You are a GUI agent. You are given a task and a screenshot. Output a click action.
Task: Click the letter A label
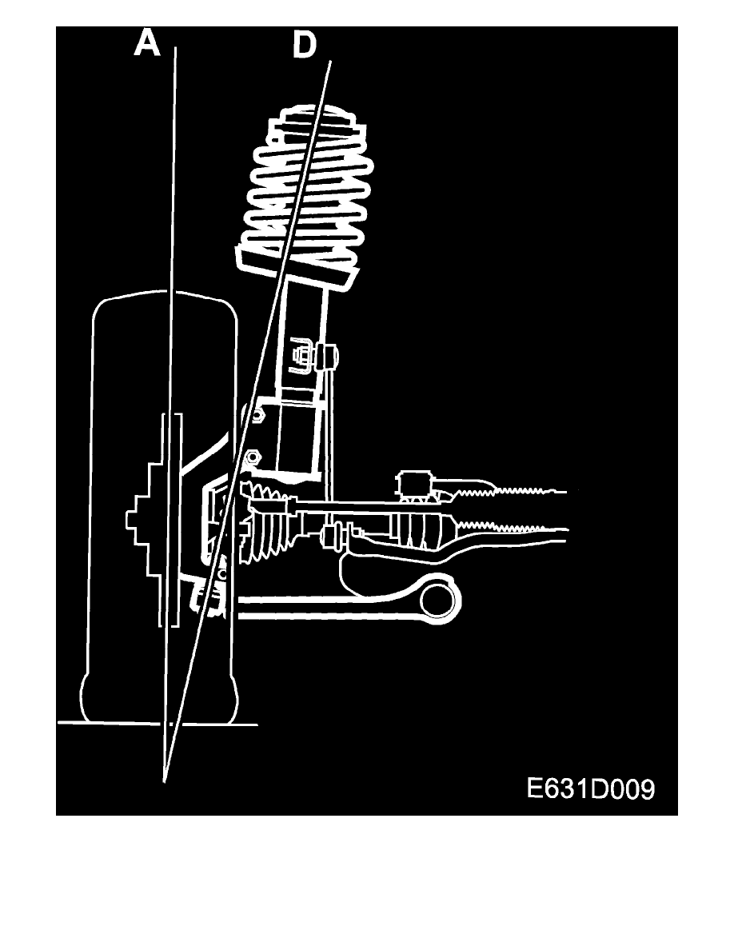click(147, 44)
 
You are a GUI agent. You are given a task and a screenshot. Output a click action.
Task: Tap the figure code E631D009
click(590, 789)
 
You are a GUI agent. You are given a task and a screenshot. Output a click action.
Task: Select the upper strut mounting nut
click(256, 415)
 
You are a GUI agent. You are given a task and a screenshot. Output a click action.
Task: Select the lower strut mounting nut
click(253, 456)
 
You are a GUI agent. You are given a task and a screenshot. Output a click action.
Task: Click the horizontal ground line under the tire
click(158, 724)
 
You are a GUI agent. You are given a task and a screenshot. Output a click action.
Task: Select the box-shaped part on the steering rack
click(414, 485)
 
